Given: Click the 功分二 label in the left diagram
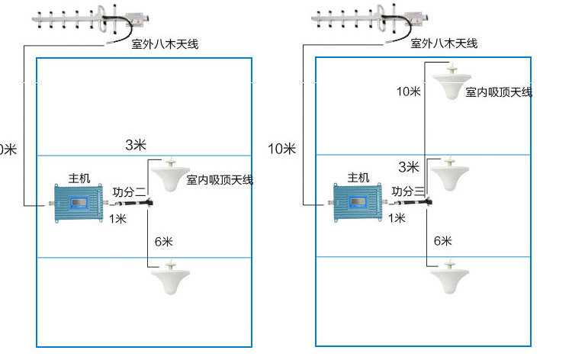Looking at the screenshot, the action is click(x=130, y=192).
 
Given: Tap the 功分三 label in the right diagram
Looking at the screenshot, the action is click(x=408, y=191).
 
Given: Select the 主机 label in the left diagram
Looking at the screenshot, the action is click(x=79, y=178).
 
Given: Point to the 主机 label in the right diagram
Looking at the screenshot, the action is click(x=358, y=178).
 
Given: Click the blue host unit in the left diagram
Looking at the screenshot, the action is click(x=79, y=203).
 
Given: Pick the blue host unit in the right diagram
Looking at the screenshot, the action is click(x=358, y=202).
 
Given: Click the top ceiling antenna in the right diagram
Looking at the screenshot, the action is click(x=451, y=82).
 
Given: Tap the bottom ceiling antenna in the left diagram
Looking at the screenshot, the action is click(x=170, y=278).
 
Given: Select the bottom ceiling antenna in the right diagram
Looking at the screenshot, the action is click(x=449, y=277).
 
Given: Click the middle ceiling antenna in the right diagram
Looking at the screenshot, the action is click(x=449, y=174).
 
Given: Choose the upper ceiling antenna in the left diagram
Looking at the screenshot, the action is click(x=170, y=175).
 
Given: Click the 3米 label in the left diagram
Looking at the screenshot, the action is click(x=136, y=145).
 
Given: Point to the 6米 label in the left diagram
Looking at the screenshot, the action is click(x=163, y=242).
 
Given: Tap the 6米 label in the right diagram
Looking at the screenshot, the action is click(x=443, y=241).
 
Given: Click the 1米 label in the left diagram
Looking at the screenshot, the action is click(x=117, y=219).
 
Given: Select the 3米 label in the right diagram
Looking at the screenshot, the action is click(x=409, y=167).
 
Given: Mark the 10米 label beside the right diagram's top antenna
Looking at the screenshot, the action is click(x=409, y=92).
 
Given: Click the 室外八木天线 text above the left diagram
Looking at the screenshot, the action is click(x=165, y=44).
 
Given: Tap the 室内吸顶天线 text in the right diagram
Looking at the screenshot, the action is click(x=499, y=92).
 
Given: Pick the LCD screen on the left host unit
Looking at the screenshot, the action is click(x=79, y=203).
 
